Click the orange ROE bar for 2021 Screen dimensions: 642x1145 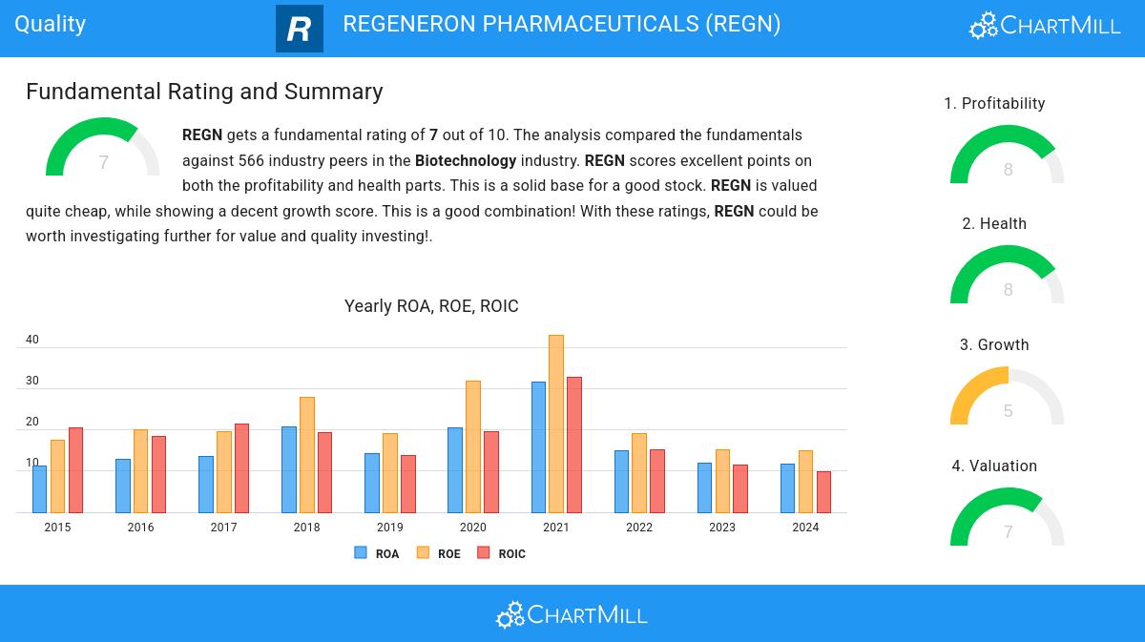tap(556, 424)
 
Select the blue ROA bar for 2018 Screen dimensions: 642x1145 tap(289, 469)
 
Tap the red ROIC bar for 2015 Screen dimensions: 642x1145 tap(75, 470)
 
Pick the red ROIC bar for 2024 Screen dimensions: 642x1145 tap(823, 492)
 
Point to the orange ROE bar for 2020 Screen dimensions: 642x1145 tap(473, 446)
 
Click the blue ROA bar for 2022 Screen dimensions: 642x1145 tap(621, 482)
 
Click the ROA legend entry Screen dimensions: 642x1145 tap(376, 553)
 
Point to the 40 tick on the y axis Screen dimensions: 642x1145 tap(32, 340)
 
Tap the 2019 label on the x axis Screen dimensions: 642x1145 tap(389, 528)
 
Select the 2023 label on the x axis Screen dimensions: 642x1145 tap(722, 528)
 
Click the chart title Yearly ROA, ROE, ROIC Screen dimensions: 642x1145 tap(431, 306)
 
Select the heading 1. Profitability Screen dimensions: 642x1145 tap(994, 103)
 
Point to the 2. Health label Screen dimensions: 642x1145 tap(994, 223)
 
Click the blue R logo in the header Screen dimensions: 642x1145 tap(299, 29)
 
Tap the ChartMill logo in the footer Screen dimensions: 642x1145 tap(572, 614)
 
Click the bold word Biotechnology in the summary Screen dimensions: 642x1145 tap(466, 160)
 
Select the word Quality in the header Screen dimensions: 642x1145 tap(51, 24)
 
